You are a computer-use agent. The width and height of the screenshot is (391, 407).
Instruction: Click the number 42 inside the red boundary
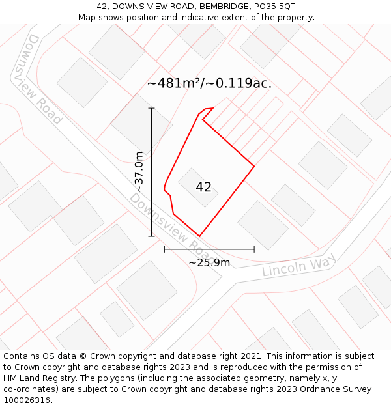point(203,188)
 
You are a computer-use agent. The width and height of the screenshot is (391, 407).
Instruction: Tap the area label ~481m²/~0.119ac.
point(209,83)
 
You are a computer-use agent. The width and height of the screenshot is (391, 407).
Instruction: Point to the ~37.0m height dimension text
point(139,172)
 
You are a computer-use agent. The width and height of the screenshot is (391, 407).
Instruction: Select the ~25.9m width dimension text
point(209,262)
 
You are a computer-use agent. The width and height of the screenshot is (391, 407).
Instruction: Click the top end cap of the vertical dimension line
point(152,108)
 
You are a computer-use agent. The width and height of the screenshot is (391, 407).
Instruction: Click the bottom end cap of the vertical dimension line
point(152,236)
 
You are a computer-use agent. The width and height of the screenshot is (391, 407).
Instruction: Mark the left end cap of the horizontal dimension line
point(164,249)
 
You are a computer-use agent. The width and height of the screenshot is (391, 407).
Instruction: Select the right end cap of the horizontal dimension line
point(254,249)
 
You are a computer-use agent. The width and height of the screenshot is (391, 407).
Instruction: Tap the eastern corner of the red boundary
point(253,166)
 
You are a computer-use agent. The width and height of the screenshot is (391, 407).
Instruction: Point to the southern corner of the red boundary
point(199,236)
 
